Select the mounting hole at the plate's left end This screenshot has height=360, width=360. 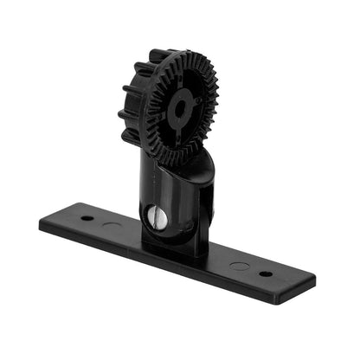pyautogui.click(x=87, y=217)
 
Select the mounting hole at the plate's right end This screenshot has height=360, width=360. pyautogui.click(x=265, y=273)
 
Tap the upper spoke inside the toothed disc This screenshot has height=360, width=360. pyautogui.click(x=185, y=82)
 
